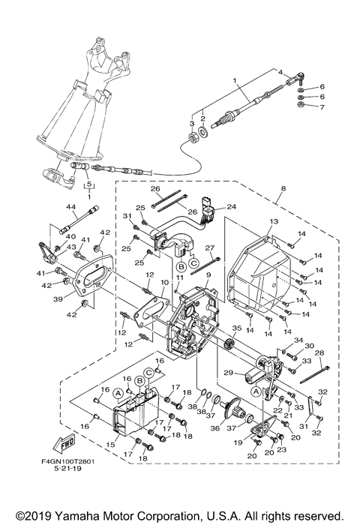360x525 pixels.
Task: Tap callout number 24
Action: (x=231, y=207)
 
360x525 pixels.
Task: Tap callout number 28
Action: (x=318, y=353)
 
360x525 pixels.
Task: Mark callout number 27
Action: (x=211, y=247)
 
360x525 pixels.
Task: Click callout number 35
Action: (x=236, y=328)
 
